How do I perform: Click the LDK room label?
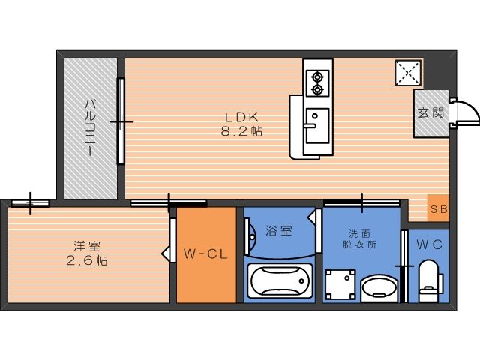point(241,117)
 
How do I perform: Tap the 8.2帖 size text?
point(241,132)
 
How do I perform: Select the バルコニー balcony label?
point(90,127)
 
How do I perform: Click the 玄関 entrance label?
point(431,113)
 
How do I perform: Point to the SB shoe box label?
point(439,209)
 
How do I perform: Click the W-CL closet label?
point(205,254)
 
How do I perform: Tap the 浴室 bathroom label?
point(278,231)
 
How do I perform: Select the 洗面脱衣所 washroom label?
point(360,239)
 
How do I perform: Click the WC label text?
point(429,244)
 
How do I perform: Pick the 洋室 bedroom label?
point(87,246)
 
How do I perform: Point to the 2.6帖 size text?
point(87,260)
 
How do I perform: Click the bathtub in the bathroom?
point(280,280)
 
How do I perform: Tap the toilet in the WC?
point(430,280)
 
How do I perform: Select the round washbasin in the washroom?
point(379,288)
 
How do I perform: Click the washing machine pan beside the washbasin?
point(340,284)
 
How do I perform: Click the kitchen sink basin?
point(317,125)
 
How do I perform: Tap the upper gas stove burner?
point(317,76)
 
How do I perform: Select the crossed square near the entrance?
point(408,73)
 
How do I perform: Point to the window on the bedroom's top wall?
point(30,203)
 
